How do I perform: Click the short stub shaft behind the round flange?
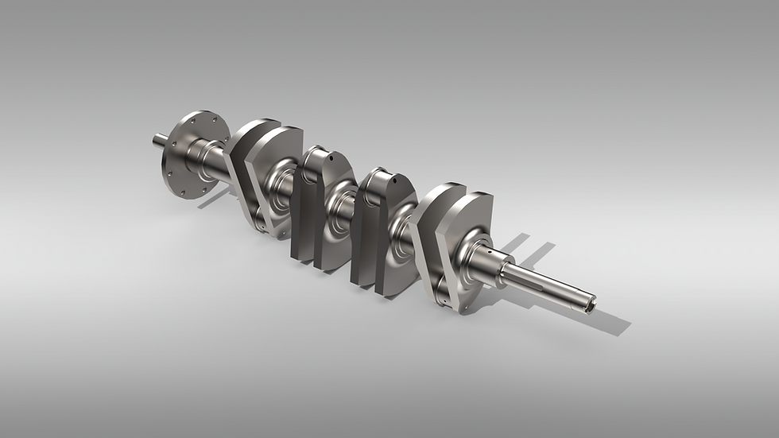(x=160, y=141)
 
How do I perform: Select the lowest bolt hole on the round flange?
(x=181, y=192)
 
